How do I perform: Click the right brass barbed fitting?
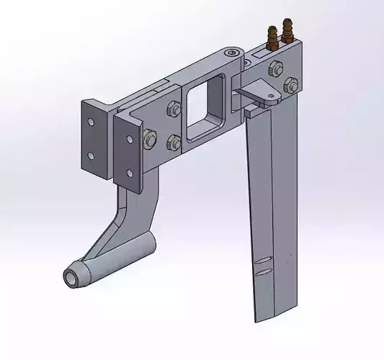point(290,30)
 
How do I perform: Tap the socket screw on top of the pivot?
point(230,54)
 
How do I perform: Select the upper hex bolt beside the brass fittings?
point(274,69)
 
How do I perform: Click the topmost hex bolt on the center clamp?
point(173,109)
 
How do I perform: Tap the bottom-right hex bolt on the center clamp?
point(174,140)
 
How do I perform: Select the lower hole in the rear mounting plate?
point(91,153)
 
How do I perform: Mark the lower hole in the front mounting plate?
point(128,171)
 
